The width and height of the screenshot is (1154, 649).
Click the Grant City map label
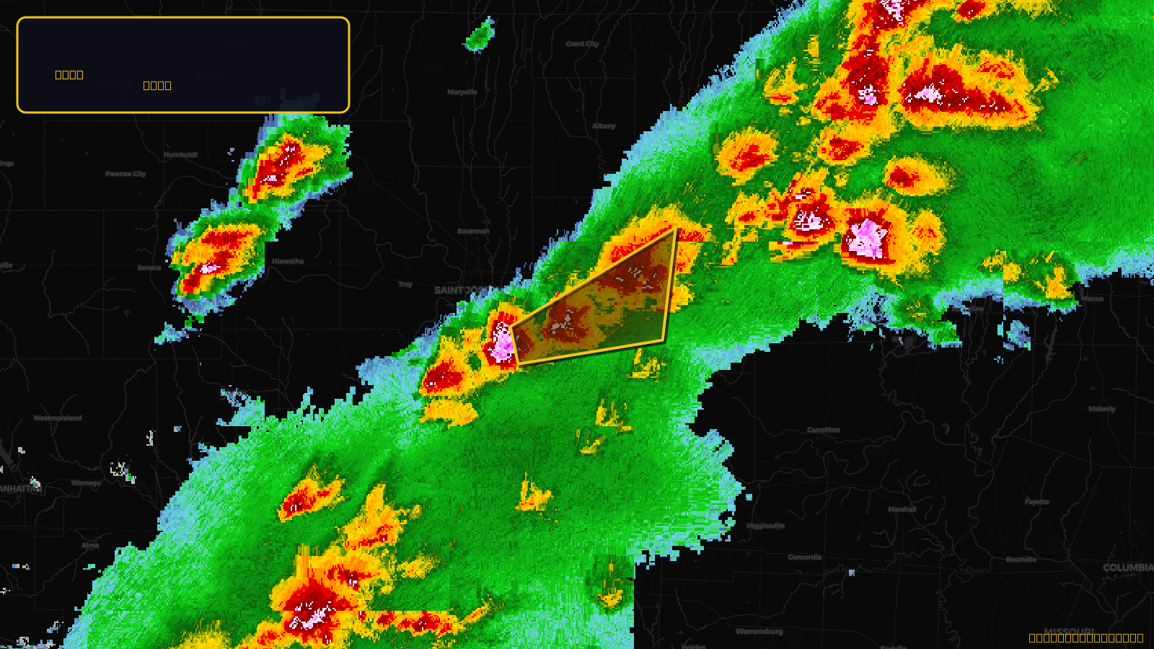[x=582, y=44]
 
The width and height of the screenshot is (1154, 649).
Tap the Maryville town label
[x=462, y=92]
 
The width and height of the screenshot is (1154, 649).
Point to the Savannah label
[x=473, y=231]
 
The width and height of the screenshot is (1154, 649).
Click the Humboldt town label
[x=180, y=155]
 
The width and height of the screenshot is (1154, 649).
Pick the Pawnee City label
[x=125, y=174]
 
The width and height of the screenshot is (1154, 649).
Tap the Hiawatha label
[x=288, y=261]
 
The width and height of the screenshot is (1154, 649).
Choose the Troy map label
[x=405, y=284]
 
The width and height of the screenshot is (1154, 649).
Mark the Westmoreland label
[x=58, y=418]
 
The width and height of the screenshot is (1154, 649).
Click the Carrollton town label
[x=823, y=430]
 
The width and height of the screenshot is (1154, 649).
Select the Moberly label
[x=1101, y=409]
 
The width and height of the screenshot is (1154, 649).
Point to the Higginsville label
[x=765, y=526]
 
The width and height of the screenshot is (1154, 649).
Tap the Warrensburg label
[x=759, y=632]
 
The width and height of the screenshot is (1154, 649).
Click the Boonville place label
[x=1021, y=560]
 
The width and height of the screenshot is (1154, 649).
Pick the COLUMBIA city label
[x=1127, y=568]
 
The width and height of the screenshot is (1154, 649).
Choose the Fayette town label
[x=1037, y=502]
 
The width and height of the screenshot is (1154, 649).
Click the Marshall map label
[x=902, y=509]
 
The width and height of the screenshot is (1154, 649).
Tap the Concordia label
[x=804, y=557]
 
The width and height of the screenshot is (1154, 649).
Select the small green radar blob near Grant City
[x=479, y=36]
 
